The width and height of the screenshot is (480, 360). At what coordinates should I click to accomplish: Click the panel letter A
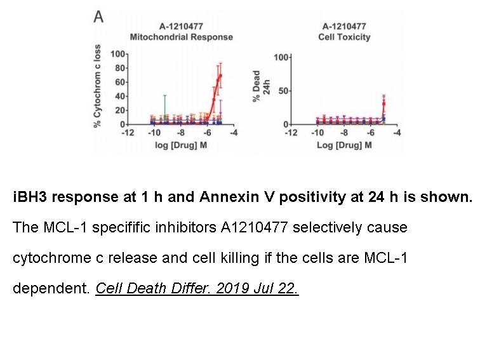point(98,17)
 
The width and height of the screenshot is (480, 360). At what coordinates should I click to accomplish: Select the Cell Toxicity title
point(344,37)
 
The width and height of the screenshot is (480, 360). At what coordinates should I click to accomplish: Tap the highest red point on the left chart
point(220,76)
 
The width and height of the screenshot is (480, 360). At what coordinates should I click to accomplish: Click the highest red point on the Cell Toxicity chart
point(383,103)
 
